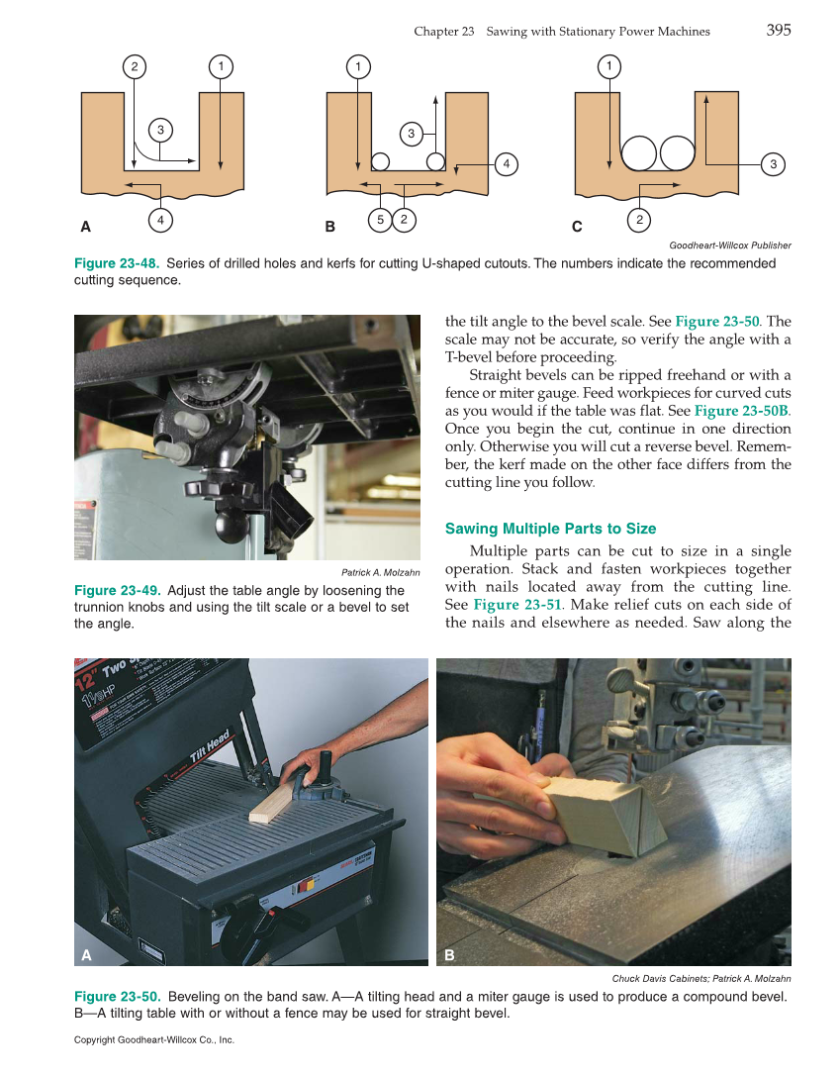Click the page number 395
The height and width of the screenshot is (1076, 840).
778,31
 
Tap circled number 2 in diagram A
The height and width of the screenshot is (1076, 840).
134,67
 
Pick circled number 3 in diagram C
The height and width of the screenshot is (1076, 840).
773,164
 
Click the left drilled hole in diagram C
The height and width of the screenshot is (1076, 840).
639,153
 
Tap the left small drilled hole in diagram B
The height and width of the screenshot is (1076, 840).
380,161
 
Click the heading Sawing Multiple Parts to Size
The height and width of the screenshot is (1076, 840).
550,529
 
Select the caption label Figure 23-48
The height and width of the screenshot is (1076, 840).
116,263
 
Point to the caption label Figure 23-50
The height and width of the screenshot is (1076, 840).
116,996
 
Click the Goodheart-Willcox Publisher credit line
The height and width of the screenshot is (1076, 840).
730,245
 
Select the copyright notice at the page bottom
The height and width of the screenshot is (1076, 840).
153,1040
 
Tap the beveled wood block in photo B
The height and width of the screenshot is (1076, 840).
606,815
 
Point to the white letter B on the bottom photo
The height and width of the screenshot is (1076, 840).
449,955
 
